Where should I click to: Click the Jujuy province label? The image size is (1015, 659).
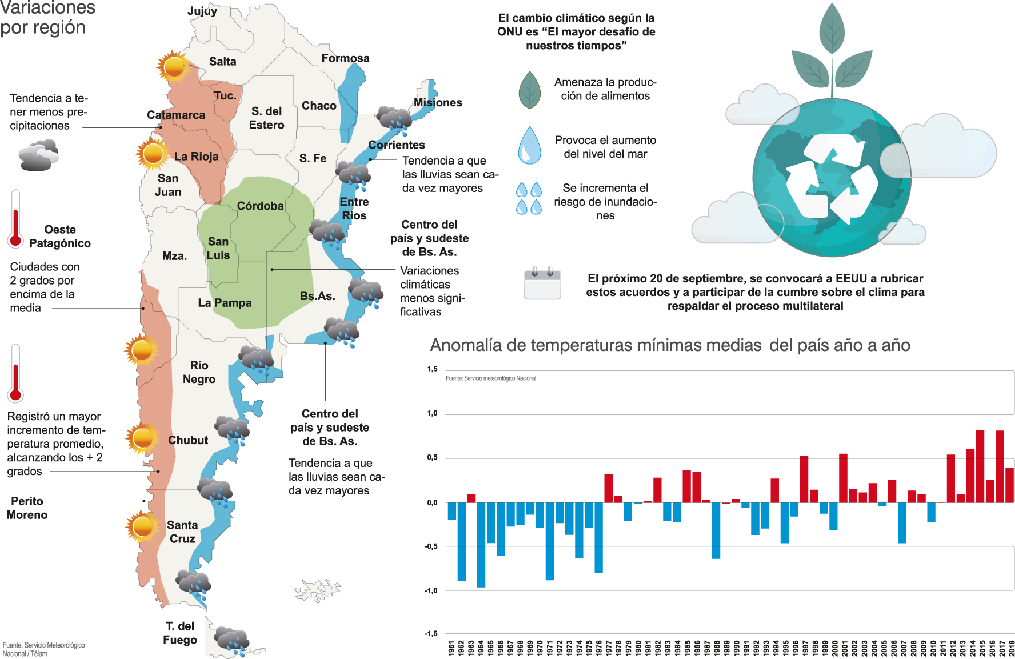(x=202, y=11)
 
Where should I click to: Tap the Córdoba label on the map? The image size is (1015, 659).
(x=260, y=206)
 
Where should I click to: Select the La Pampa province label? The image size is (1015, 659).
(x=225, y=303)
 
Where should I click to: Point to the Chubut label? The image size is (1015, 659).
(x=188, y=440)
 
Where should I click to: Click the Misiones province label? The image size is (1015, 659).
(x=438, y=103)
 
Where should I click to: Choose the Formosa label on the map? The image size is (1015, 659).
(x=345, y=58)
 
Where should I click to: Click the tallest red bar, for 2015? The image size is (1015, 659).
(x=980, y=466)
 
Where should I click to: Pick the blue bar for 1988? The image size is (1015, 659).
(x=716, y=530)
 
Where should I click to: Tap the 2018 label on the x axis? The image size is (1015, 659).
(x=1011, y=648)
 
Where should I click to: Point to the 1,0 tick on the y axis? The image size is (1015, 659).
(x=433, y=413)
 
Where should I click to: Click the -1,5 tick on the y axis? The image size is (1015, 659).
(x=431, y=633)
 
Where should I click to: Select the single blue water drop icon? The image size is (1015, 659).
(x=529, y=145)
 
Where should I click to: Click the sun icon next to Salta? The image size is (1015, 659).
(x=174, y=67)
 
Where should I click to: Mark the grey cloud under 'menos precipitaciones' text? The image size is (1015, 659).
(x=38, y=155)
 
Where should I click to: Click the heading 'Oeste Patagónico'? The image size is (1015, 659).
(x=60, y=237)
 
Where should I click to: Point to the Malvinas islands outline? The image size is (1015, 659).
(x=318, y=590)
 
